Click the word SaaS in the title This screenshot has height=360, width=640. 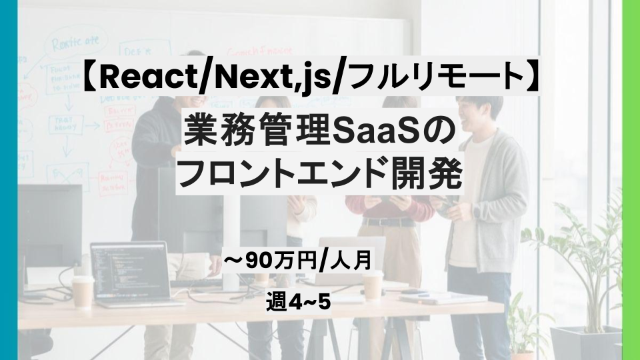pyautogui.click(x=367, y=133)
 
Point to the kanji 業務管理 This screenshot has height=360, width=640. pyautogui.click(x=257, y=133)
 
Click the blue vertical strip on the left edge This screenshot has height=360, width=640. pyautogui.click(x=9, y=180)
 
